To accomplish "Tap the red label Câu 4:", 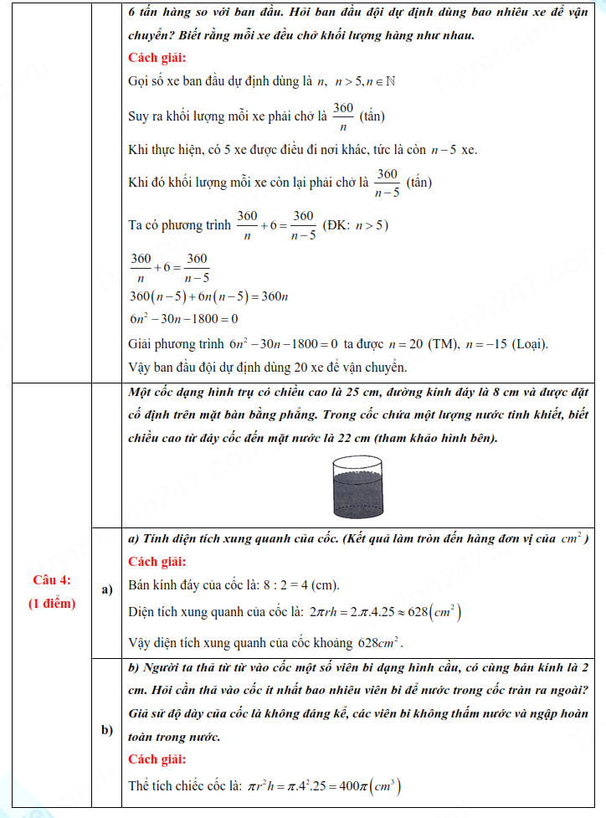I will coord(52,580).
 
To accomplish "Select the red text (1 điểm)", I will coord(52,603).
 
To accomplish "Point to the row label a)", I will coord(107,589).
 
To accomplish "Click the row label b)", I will coord(107,730).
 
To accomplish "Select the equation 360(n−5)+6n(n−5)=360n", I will coord(209,297).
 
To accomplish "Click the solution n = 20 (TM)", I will coord(418,344).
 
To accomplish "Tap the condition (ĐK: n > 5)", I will coord(355,225).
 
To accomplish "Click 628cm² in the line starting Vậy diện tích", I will coord(380,643).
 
